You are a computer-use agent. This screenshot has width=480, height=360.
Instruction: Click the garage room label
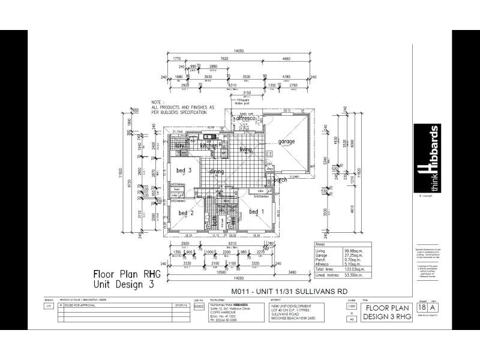coord(286,142)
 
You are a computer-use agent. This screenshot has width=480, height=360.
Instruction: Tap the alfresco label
coord(246,119)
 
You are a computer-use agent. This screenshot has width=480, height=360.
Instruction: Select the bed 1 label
coord(257,212)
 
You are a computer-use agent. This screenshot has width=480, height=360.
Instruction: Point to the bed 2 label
coord(186,213)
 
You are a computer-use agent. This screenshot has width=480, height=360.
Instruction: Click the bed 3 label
coord(184,170)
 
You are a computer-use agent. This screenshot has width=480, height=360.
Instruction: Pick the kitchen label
coord(209,146)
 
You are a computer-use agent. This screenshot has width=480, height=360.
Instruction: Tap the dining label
coord(217,172)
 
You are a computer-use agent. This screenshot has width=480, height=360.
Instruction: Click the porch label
coord(280,180)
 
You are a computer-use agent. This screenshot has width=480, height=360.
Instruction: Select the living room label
coord(246,149)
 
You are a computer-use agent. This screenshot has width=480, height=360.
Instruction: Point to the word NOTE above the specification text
coord(157,103)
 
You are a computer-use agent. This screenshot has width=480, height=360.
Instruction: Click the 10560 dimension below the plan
coord(219,271)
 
